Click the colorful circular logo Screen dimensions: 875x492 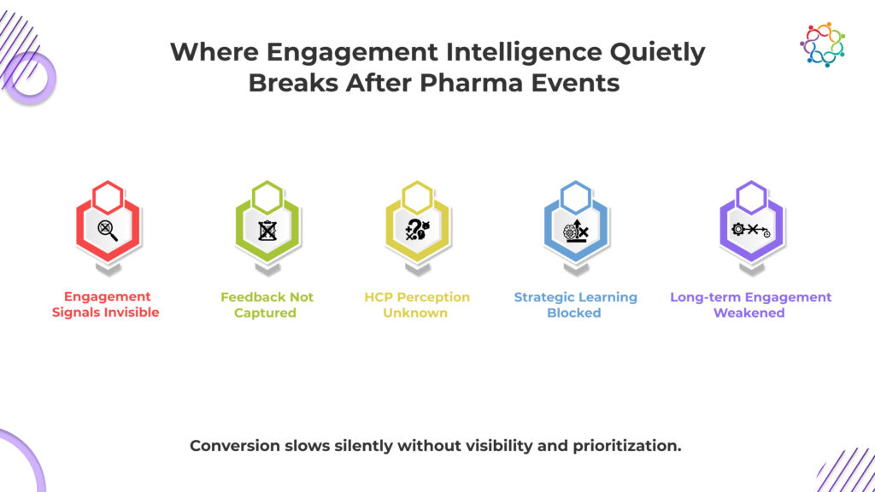pos(822,44)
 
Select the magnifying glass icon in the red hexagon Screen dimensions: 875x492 pos(108,230)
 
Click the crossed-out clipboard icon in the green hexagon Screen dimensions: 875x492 pos(267,230)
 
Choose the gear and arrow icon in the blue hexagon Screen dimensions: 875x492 pos(576,230)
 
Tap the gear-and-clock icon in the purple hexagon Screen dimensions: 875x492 pos(750,229)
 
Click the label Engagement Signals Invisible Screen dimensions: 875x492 pos(106,305)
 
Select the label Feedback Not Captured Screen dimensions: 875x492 pos(267,305)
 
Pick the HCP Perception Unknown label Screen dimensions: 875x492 pos(417,305)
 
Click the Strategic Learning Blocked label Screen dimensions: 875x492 pos(575,305)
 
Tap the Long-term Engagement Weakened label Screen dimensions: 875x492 pos(750,305)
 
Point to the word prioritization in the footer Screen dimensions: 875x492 pos(626,446)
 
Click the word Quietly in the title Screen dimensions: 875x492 pos(657,53)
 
